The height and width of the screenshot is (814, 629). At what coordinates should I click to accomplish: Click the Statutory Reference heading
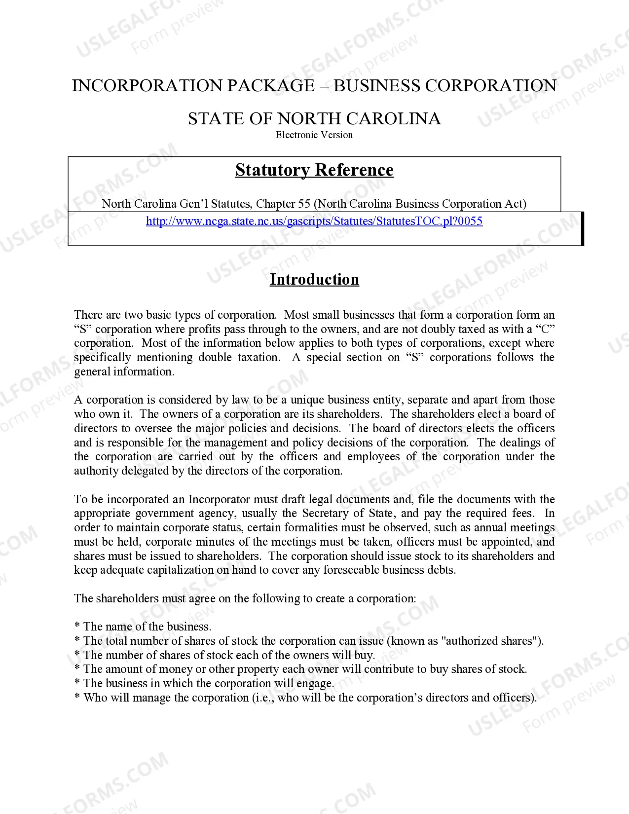click(x=314, y=170)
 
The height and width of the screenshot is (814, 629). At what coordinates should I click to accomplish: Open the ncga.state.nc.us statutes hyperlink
click(x=314, y=221)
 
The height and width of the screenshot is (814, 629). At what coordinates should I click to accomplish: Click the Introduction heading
click(x=314, y=280)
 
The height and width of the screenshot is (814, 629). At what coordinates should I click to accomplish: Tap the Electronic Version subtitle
click(x=314, y=135)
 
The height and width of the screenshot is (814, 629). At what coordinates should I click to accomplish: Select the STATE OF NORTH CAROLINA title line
click(x=314, y=119)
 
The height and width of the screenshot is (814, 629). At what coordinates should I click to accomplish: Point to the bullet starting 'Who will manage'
click(x=306, y=698)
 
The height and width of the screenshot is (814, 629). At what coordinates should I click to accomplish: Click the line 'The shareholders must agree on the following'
click(x=245, y=598)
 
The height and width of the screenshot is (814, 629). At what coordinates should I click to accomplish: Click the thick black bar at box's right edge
click(x=582, y=228)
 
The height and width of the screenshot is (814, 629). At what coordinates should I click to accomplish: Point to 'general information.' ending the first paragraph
click(x=124, y=371)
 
